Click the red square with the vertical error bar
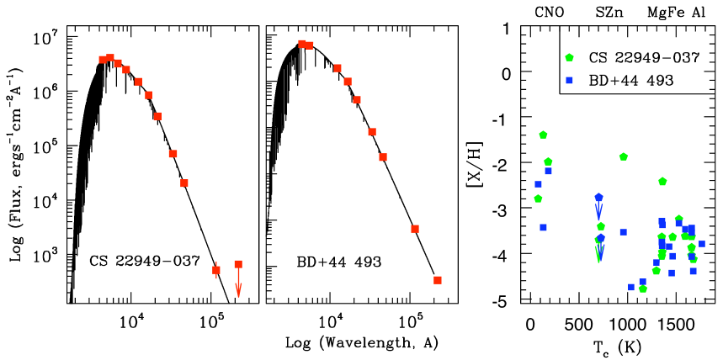click(216, 270)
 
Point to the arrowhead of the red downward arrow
click(238, 291)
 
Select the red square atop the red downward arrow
click(238, 264)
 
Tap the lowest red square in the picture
click(438, 280)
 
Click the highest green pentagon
click(569, 57)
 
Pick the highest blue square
click(569, 81)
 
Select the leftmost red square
click(103, 60)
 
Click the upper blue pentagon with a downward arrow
click(598, 198)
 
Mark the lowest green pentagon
click(643, 289)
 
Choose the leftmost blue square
click(538, 184)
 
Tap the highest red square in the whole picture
click(302, 44)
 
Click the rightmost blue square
click(702, 244)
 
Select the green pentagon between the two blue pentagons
click(601, 226)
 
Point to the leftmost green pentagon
click(538, 199)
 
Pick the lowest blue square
click(631, 288)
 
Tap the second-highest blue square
click(548, 172)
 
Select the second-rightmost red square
click(415, 229)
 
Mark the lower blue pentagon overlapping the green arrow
click(600, 239)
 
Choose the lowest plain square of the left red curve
click(184, 183)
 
